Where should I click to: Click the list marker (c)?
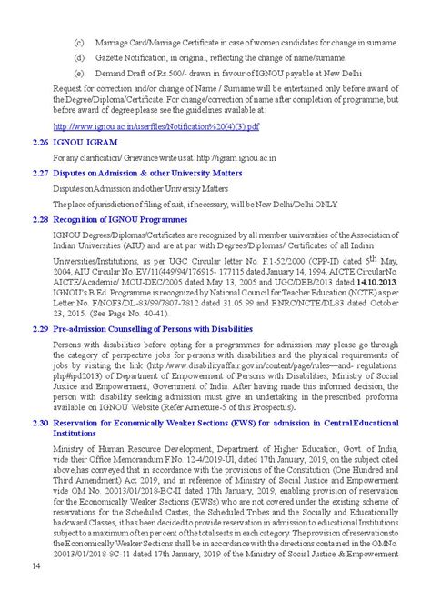79,42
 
